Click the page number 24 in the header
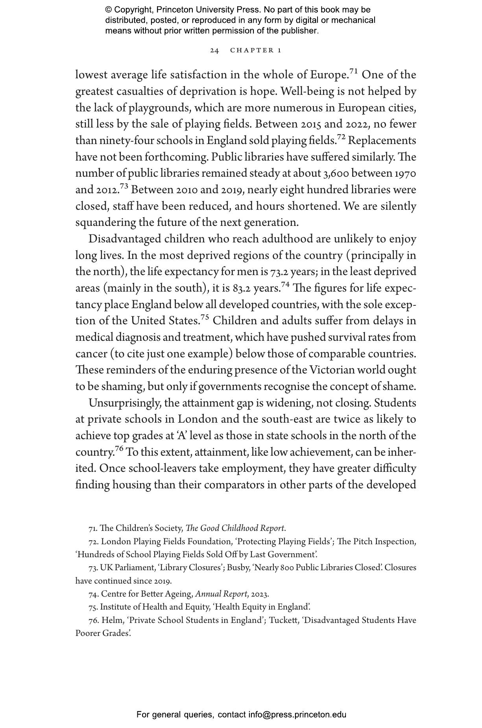(214, 50)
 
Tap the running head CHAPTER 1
(256, 50)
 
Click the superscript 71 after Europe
(354, 72)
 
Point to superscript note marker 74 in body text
(285, 285)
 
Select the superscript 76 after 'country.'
(119, 449)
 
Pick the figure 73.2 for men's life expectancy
(279, 272)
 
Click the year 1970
(405, 174)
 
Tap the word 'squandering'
(105, 223)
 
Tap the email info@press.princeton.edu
(297, 715)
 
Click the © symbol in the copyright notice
(109, 10)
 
